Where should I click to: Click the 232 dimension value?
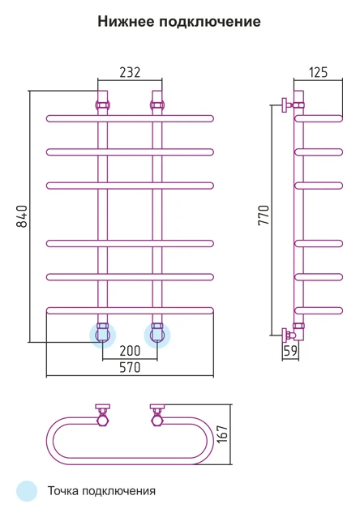pos(130,72)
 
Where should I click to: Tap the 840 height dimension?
pos(22,216)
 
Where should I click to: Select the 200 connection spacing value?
pos(130,351)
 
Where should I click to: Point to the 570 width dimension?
pos(130,367)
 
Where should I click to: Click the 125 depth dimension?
pos(319,72)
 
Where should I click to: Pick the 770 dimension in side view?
pos(264,216)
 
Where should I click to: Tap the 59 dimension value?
pos(290,351)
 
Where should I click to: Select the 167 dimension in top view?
pos(222,434)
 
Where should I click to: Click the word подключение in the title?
pos(210,22)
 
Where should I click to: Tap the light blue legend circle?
pos(27,491)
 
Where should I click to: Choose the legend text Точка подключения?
pos(101,491)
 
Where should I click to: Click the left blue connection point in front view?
pos(103,335)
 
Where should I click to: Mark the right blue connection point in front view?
pos(157,335)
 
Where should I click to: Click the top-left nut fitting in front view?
pos(103,105)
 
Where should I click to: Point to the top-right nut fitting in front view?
pos(157,105)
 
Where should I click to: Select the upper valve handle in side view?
pos(284,105)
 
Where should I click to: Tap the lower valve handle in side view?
pos(284,335)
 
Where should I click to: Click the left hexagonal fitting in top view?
pos(103,421)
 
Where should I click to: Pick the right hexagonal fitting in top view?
pos(157,421)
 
